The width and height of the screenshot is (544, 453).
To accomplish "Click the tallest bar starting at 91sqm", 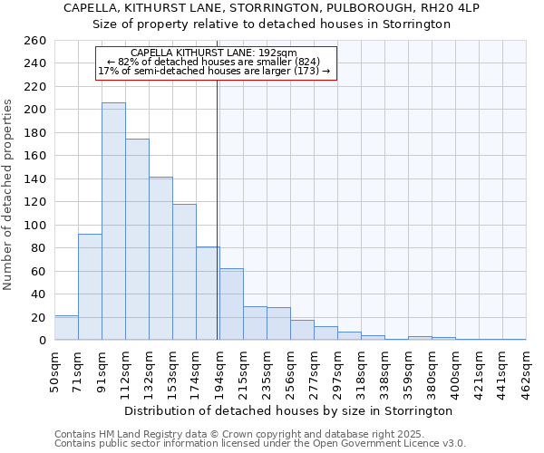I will coord(113,222).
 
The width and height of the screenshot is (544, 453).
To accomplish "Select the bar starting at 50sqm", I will coord(66,328).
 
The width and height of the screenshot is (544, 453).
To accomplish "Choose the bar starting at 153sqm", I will coord(184,272).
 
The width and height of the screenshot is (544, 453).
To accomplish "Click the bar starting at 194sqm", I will coord(231,304).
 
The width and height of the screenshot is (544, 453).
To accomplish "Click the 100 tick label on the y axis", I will coord(34,225).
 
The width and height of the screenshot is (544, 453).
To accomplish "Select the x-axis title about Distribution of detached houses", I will coord(288,411).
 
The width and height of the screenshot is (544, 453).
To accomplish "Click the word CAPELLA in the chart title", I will coord(92,8).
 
